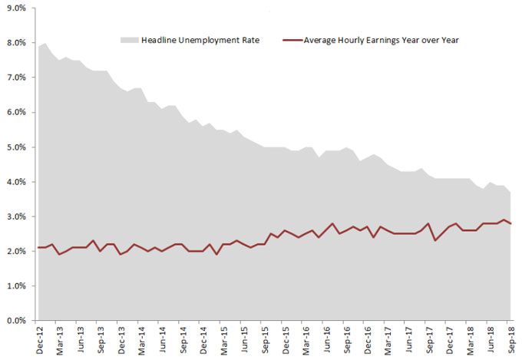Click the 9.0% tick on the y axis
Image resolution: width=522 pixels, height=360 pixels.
point(15,8)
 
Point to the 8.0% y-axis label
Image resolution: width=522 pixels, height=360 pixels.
point(15,43)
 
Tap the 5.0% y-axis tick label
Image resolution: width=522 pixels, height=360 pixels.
point(15,147)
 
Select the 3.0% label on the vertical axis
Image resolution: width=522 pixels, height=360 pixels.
point(15,216)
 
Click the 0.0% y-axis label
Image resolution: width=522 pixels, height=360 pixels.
point(15,321)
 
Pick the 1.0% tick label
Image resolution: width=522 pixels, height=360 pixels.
point(15,286)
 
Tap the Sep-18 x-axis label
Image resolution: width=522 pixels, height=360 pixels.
point(510,339)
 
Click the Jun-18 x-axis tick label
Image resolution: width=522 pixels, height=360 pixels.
point(490,339)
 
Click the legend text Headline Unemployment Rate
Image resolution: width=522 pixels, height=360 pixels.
point(200,40)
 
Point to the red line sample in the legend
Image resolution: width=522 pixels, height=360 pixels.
point(292,40)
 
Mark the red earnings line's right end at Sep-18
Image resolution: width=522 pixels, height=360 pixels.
point(510,223)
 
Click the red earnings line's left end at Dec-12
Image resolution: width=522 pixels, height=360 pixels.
point(38,247)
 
